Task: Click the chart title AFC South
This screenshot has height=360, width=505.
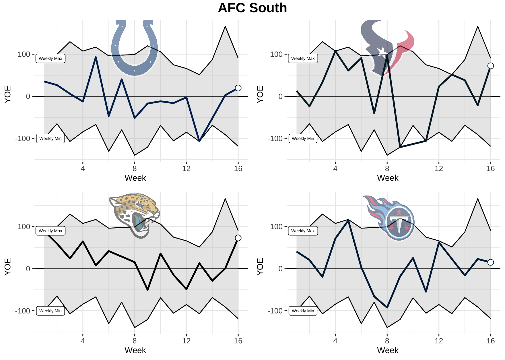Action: (x=252, y=8)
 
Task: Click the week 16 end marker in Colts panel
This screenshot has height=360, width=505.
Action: (x=238, y=88)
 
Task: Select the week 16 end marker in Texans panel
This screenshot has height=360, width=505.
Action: (x=491, y=66)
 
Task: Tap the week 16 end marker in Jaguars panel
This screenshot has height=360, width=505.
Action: (x=238, y=238)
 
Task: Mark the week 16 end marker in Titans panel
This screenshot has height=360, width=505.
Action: (x=491, y=262)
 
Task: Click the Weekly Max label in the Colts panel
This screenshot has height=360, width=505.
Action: (x=50, y=59)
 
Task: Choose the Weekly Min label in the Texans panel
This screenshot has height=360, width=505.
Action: (x=303, y=139)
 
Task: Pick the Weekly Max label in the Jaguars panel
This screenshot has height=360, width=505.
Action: (x=50, y=231)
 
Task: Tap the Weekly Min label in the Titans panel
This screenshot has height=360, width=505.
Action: (x=303, y=311)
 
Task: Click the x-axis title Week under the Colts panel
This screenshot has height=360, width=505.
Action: (x=135, y=178)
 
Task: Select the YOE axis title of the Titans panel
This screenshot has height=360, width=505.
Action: (x=260, y=267)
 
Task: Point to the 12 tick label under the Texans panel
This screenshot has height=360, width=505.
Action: (x=439, y=169)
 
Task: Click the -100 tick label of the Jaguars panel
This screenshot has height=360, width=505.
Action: (x=22, y=311)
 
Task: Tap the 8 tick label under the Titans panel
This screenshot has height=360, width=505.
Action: (x=387, y=341)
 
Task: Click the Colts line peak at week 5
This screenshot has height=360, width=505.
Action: (x=96, y=57)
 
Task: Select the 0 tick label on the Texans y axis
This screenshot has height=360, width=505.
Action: (x=280, y=96)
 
